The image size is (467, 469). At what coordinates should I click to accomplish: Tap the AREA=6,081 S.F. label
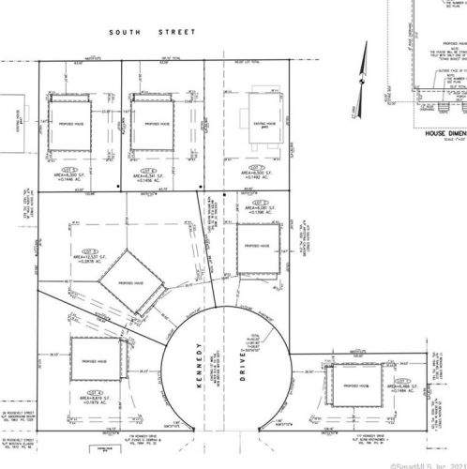(260, 209)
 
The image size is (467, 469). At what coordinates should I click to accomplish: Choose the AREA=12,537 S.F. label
(91, 254)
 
